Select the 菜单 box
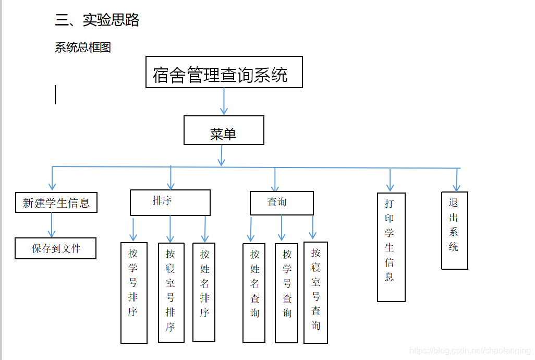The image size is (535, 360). pyautogui.click(x=224, y=130)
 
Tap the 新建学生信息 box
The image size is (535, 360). pyautogui.click(x=56, y=202)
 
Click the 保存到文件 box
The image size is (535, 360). pyautogui.click(x=56, y=248)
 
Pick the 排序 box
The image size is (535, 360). pyautogui.click(x=170, y=202)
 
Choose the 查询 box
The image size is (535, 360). pyautogui.click(x=282, y=203)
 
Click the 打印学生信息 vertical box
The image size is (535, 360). pyautogui.click(x=391, y=247)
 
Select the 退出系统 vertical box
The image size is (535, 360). pyautogui.click(x=454, y=231)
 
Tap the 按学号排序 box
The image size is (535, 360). pyautogui.click(x=133, y=292)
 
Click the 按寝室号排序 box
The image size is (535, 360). pyautogui.click(x=171, y=292)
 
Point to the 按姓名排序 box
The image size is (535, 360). pyautogui.click(x=204, y=292)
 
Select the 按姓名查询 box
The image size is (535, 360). pyautogui.click(x=254, y=293)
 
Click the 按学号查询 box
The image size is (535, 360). pyautogui.click(x=286, y=293)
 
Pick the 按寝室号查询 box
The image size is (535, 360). pyautogui.click(x=315, y=292)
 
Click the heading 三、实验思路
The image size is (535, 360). pyautogui.click(x=97, y=20)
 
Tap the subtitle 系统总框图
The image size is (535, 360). pyautogui.click(x=83, y=47)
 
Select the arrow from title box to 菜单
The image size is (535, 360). pyautogui.click(x=224, y=101)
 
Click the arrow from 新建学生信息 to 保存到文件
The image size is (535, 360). pyautogui.click(x=52, y=225)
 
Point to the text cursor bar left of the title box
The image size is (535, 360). pyautogui.click(x=55, y=95)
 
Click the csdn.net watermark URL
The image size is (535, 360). pyautogui.click(x=470, y=351)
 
